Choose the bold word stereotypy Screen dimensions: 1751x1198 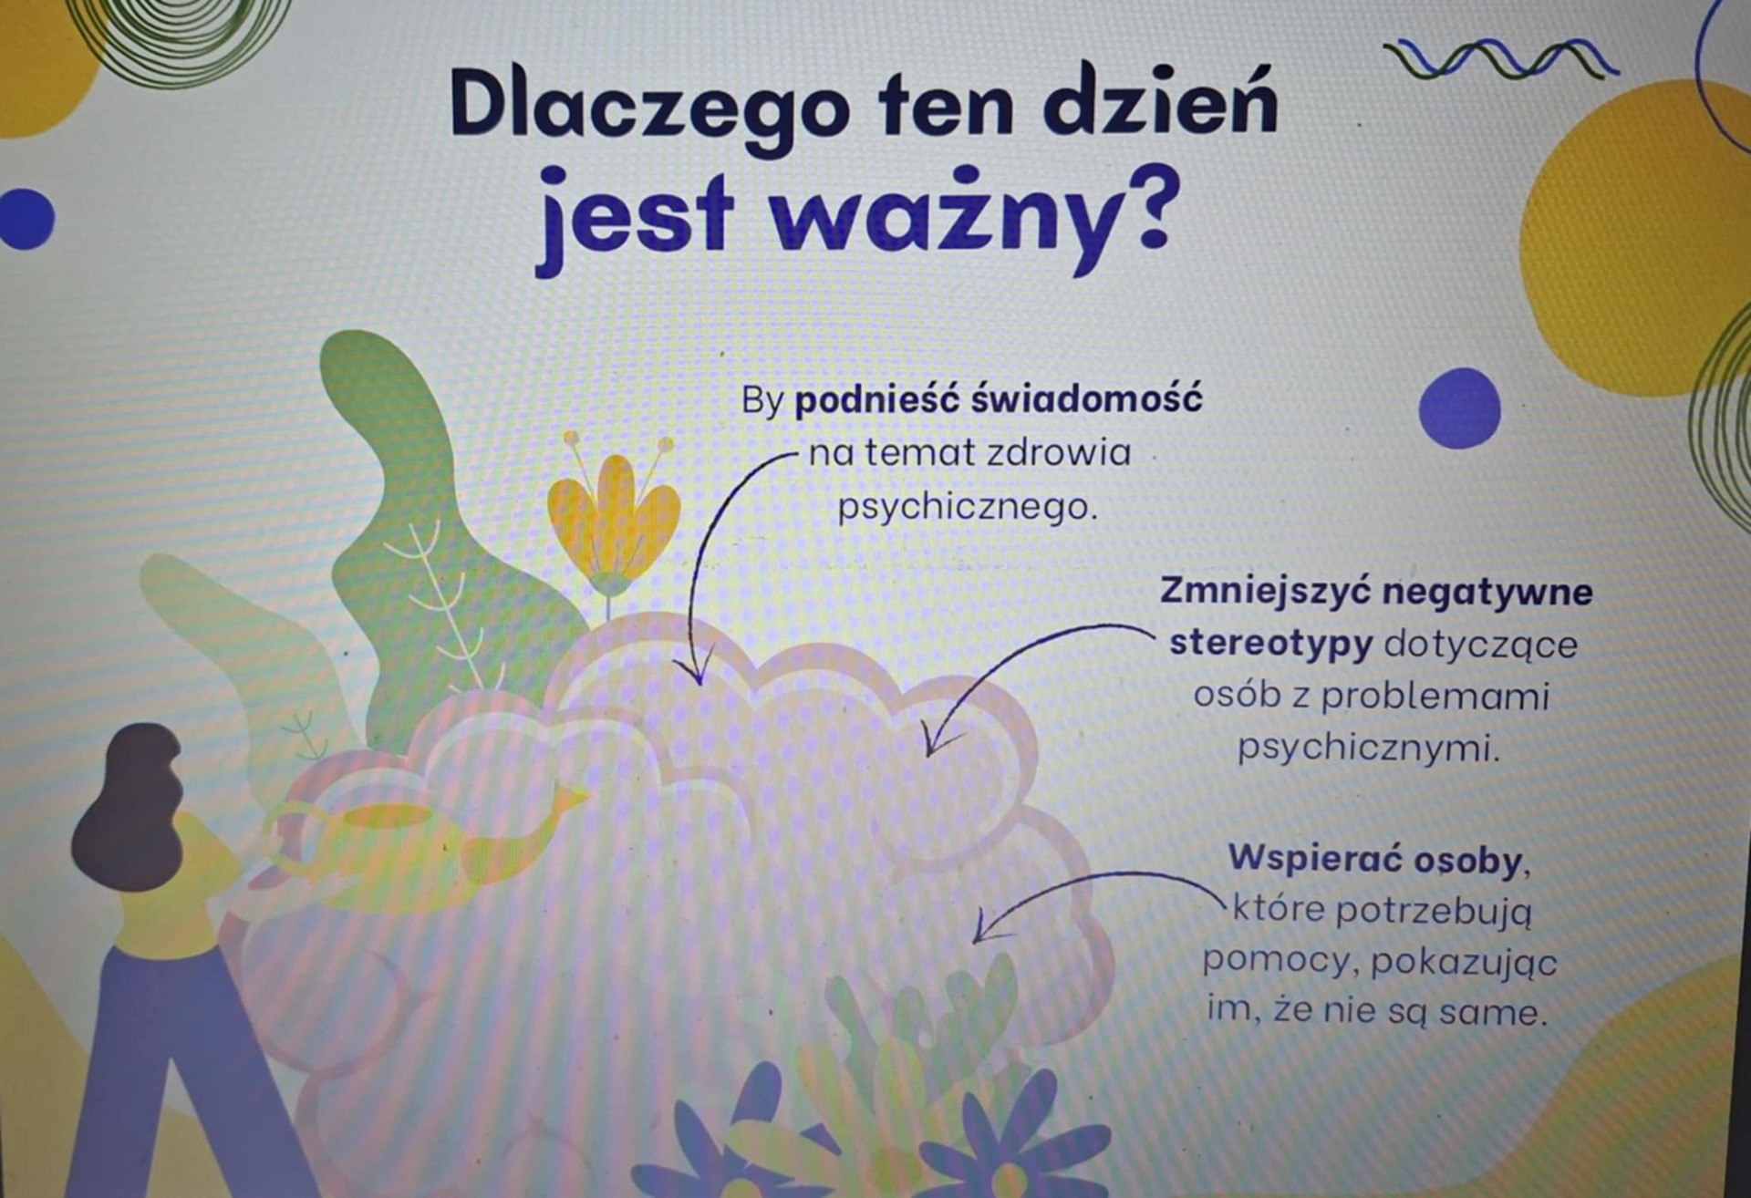click(1270, 645)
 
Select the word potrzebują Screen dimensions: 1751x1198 click(1434, 911)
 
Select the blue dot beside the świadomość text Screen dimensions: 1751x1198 click(1459, 408)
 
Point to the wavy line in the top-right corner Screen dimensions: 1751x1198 click(1500, 58)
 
